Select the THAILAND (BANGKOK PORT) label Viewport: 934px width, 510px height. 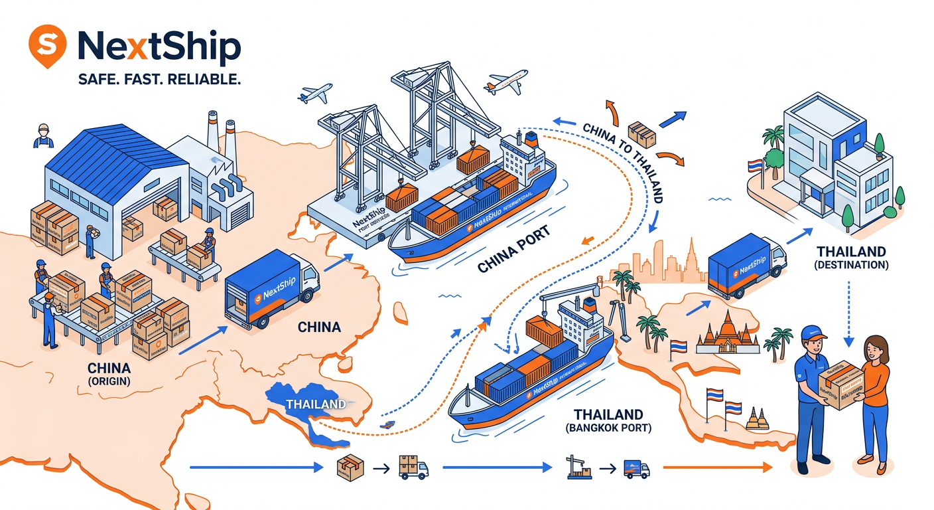click(x=609, y=420)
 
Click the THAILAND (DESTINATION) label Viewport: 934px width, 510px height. click(x=851, y=258)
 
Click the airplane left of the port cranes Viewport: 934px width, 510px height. click(x=314, y=94)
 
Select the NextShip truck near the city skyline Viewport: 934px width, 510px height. click(x=746, y=265)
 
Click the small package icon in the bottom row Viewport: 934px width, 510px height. click(x=351, y=469)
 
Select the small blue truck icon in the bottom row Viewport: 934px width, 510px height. click(x=636, y=469)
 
